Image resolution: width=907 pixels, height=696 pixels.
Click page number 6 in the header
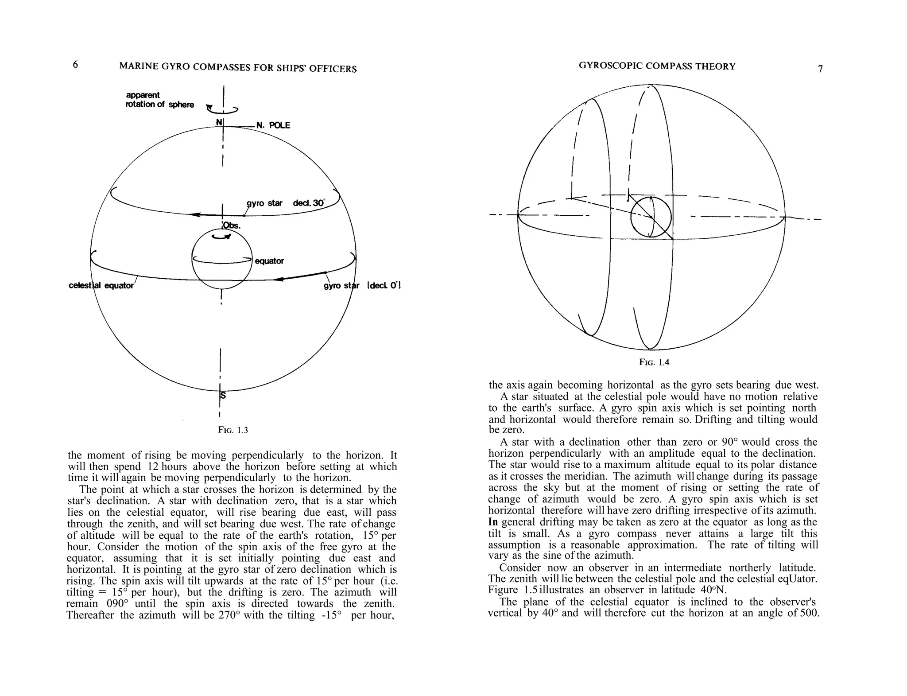[x=75, y=65]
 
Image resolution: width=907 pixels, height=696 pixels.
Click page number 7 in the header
[x=820, y=69]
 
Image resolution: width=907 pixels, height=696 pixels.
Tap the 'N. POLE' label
[x=273, y=125]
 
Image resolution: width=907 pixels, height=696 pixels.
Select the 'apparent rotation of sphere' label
[x=159, y=100]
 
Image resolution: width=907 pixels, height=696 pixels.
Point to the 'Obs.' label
[x=232, y=226]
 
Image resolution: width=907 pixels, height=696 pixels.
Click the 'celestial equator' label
[x=101, y=285]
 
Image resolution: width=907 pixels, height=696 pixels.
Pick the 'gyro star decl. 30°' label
[x=285, y=203]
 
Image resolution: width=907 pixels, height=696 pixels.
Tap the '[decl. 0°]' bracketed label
[x=384, y=285]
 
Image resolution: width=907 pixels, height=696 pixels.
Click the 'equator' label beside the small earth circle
[x=269, y=261]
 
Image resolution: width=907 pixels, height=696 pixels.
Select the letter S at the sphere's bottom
[x=223, y=395]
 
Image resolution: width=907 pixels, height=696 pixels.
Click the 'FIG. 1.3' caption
[x=233, y=430]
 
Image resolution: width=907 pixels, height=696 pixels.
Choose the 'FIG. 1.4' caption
[x=654, y=362]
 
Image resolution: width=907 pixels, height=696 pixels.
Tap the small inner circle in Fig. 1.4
[x=651, y=217]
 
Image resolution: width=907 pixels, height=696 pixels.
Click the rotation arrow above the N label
[x=223, y=109]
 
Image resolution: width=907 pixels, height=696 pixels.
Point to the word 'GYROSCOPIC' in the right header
[x=610, y=66]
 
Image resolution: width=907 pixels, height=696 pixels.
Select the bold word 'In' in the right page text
[x=493, y=522]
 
